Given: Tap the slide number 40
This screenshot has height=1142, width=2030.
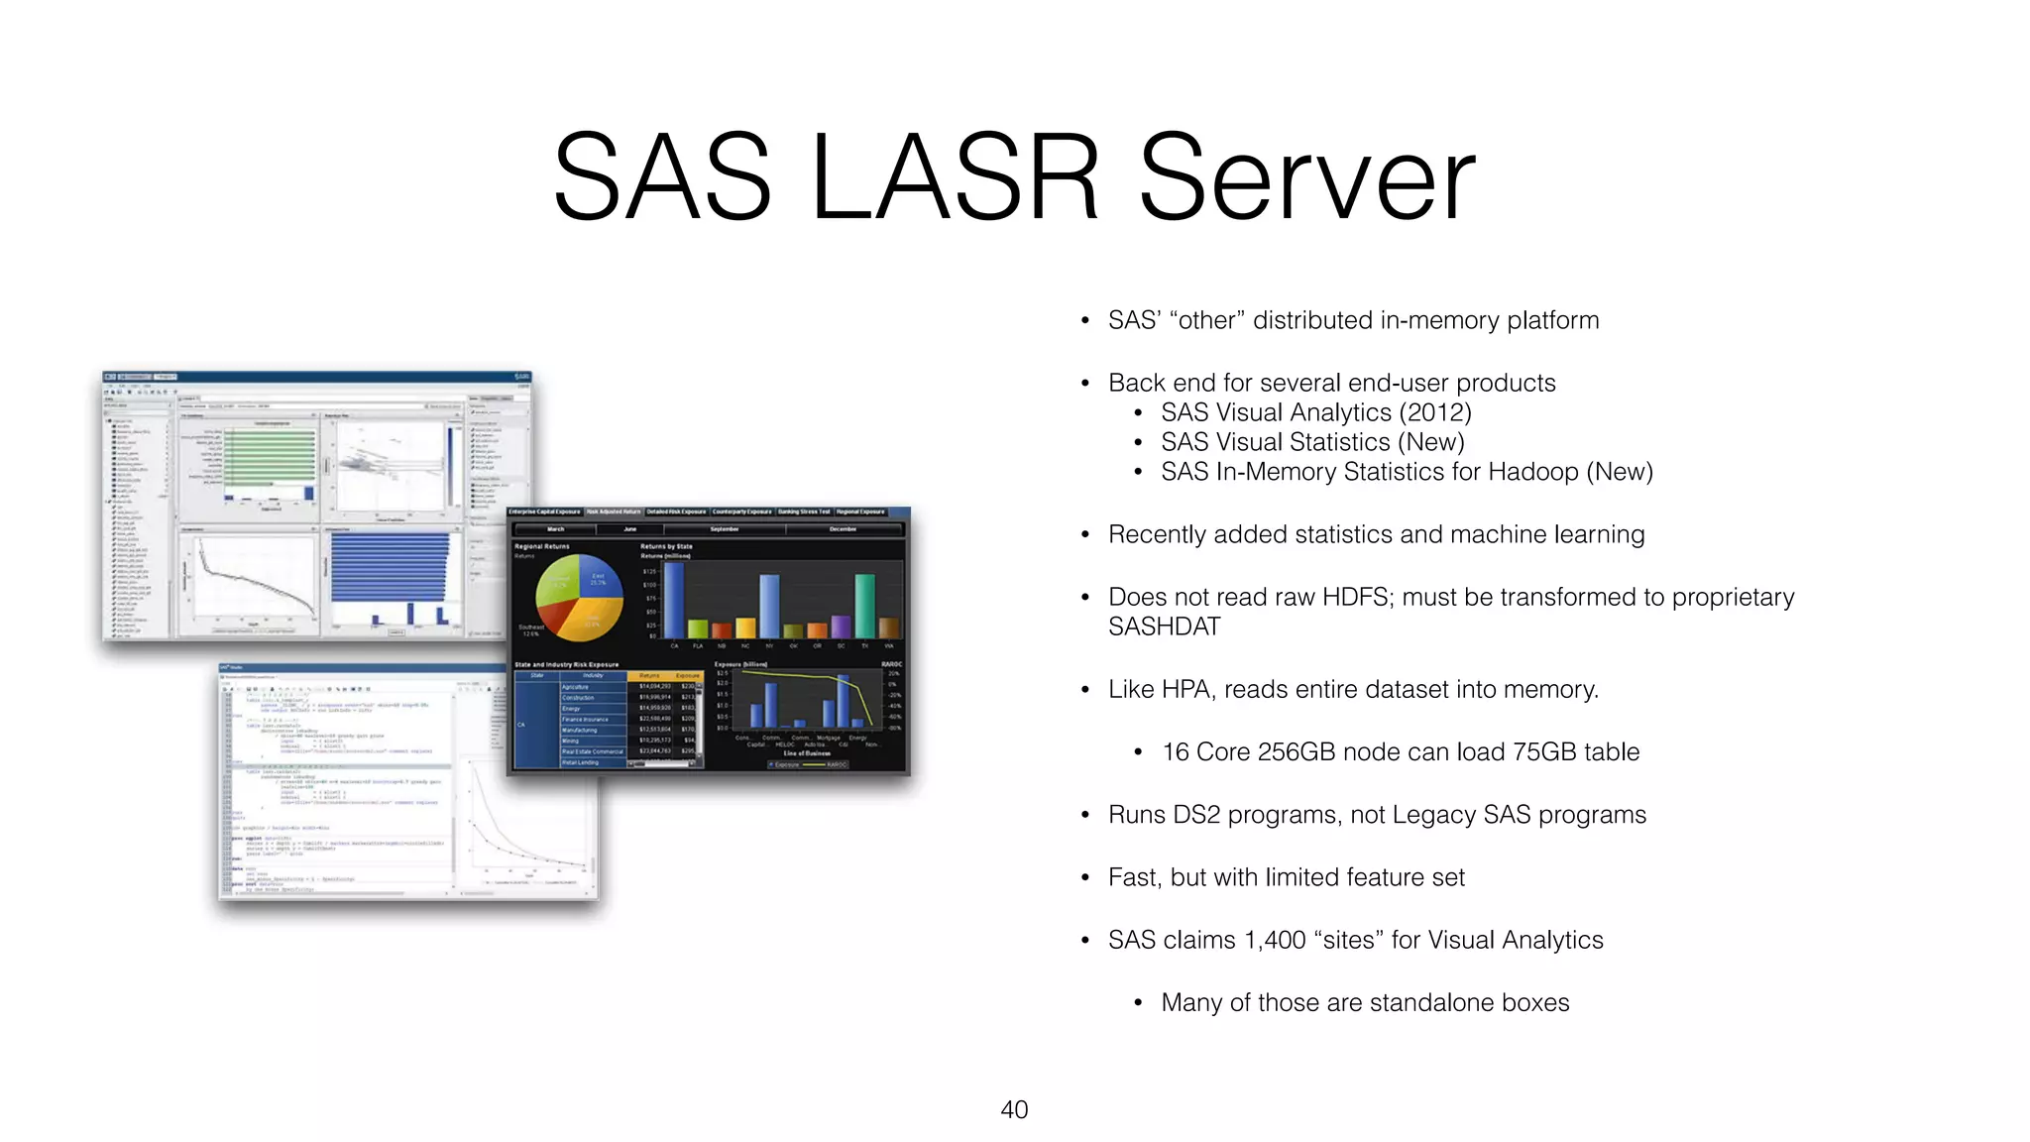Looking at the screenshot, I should (1014, 1109).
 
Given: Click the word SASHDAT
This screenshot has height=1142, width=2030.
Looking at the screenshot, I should (1164, 627).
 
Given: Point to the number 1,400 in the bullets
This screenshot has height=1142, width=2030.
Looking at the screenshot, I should (1275, 940).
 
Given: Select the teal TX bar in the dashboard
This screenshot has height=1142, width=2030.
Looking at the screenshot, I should (865, 605).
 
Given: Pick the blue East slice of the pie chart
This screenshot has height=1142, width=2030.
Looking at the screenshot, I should (599, 585).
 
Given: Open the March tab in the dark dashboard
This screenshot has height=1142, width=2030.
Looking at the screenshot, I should (556, 529).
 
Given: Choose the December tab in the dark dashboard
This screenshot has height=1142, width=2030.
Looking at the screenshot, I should (843, 529).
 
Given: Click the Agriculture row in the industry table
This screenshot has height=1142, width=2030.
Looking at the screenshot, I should (576, 686).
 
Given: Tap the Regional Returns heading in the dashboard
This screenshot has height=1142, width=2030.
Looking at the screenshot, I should (542, 546).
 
